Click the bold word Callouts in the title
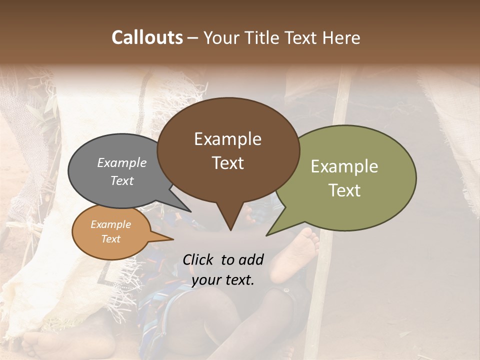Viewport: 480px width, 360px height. coord(147,37)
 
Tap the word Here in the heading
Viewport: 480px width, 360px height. coord(342,37)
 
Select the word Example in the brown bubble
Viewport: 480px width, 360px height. coord(227,139)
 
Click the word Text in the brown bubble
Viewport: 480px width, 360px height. coord(228,163)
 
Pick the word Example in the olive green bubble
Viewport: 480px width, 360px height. coord(344,166)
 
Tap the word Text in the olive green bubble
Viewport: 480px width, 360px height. coord(345,190)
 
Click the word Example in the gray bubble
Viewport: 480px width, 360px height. coord(122,162)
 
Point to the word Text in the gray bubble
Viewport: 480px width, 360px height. coord(122,180)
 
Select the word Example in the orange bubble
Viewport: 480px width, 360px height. coord(110,224)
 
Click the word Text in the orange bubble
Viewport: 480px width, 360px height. coord(110,239)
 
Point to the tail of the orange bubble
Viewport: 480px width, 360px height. coord(167,238)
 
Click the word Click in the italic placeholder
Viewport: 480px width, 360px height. coord(199,259)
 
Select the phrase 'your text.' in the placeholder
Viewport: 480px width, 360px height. coord(223,280)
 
